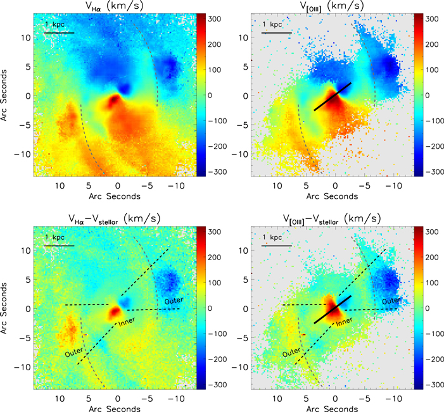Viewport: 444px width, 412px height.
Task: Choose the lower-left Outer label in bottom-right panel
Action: [292, 353]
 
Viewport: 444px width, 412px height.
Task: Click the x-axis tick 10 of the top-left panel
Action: [60, 187]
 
